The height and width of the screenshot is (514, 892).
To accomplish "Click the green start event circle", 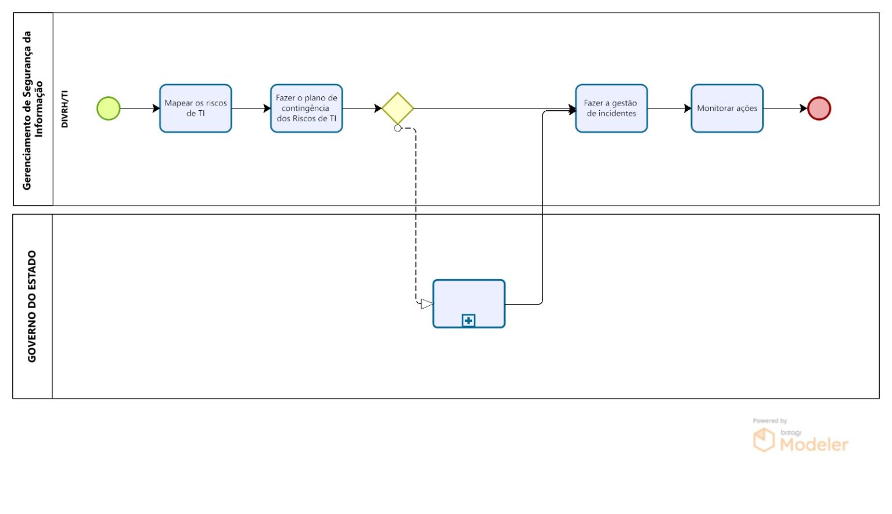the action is point(109,108).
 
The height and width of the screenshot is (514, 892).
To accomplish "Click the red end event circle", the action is point(819,108).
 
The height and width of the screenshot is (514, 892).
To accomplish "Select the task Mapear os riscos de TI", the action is point(196,108).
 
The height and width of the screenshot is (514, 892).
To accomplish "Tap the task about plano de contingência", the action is point(307,108).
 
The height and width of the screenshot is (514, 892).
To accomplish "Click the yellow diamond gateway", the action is point(398,108).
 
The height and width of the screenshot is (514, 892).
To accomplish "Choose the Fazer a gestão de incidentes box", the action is point(612,108).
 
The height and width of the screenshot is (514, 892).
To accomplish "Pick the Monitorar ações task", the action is point(727,108).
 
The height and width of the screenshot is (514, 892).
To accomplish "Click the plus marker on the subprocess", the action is point(468,320).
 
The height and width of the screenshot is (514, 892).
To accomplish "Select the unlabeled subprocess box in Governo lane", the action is point(469,304).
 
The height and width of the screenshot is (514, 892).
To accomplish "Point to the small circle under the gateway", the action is point(397,128).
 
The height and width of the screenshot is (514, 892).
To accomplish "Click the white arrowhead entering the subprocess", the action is point(426,304).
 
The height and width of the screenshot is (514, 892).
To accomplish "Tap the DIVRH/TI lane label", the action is point(64,108).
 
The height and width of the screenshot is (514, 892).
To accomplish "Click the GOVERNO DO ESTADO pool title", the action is point(32,306).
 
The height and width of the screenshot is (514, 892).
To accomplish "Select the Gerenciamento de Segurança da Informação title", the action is point(33,110).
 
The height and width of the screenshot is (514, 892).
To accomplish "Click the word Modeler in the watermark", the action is point(814,444).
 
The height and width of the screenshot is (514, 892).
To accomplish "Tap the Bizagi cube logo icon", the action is point(764,440).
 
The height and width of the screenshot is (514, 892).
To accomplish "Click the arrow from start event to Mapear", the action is point(140,108).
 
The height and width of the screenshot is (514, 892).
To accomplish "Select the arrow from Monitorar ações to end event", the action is point(785,108).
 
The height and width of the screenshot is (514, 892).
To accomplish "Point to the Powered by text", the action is point(769,421).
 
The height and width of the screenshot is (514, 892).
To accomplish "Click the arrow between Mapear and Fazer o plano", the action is point(251,108).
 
